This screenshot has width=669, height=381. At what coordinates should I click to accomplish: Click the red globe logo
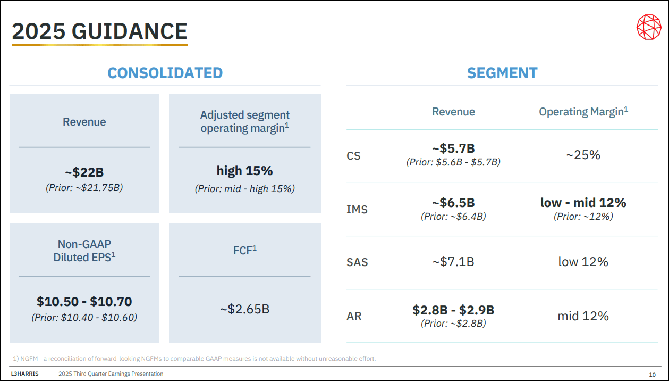coord(648,27)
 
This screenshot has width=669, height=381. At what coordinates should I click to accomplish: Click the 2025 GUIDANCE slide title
coord(100,31)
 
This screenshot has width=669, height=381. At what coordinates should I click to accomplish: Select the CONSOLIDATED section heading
coord(165,73)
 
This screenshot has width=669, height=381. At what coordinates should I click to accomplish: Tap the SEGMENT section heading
coord(502,73)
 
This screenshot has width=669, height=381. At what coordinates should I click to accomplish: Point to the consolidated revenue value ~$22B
coord(84,172)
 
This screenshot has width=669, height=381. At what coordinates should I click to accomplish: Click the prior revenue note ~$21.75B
coord(84,187)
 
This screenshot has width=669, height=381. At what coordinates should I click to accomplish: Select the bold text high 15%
coord(244,171)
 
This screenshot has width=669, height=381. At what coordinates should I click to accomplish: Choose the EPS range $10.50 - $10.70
coord(84,302)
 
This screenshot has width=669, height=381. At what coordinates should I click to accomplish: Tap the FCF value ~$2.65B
coord(244,309)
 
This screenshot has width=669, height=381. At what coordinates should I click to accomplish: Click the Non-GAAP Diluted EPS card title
coord(84,251)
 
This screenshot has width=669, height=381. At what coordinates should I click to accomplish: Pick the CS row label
coord(353,156)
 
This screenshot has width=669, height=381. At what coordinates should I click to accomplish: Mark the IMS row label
coord(357,210)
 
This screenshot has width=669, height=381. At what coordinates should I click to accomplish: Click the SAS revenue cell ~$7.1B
coord(453,262)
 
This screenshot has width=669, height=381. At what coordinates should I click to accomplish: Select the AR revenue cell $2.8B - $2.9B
coord(453,310)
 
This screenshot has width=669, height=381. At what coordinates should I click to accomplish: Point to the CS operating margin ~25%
coord(583,155)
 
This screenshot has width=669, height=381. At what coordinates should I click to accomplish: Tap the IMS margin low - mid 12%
coord(583,203)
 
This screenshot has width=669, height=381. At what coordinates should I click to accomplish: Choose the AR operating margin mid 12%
coord(583,316)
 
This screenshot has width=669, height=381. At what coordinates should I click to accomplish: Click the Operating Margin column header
coord(583,112)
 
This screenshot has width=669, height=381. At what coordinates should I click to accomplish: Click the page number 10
coord(652,375)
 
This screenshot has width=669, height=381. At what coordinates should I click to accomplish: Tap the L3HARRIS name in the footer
coord(24,374)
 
